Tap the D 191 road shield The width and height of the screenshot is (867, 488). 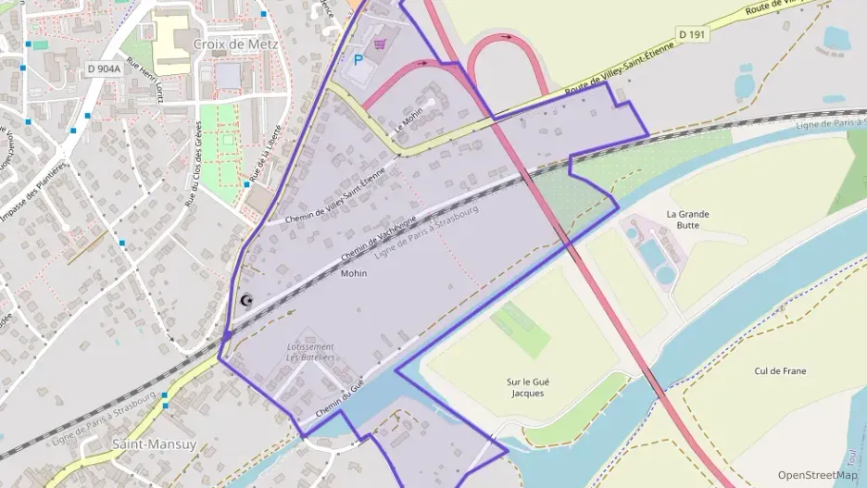692,34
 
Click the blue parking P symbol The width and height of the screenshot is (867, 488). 358,59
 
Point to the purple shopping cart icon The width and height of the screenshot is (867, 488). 380,43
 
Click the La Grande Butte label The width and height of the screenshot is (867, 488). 688,219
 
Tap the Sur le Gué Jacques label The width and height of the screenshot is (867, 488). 527,387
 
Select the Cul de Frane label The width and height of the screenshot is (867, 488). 780,371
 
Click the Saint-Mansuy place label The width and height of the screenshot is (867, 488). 154,444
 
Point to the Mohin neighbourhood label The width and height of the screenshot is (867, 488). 354,273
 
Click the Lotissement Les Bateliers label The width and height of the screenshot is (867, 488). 310,353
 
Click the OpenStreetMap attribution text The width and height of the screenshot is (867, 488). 817,475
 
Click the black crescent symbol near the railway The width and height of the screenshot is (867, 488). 245,300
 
